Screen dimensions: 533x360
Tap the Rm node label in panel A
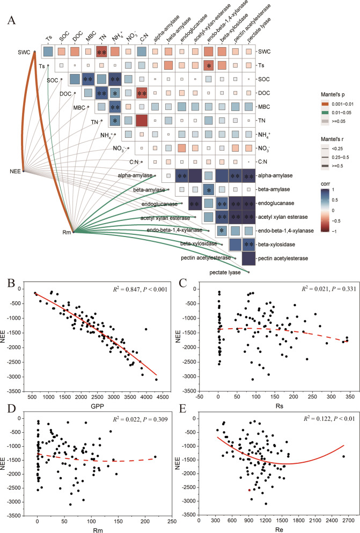(x=64, y=231)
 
